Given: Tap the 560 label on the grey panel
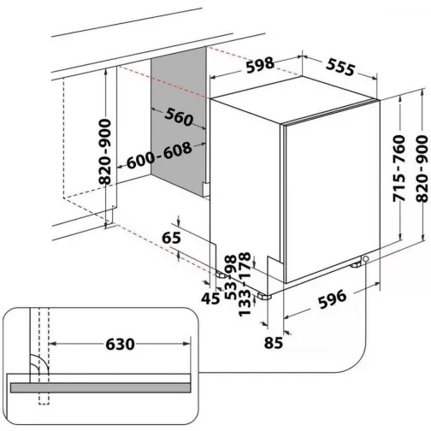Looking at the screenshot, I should click(x=175, y=116).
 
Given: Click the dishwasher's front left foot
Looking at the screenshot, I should click(x=265, y=295).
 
